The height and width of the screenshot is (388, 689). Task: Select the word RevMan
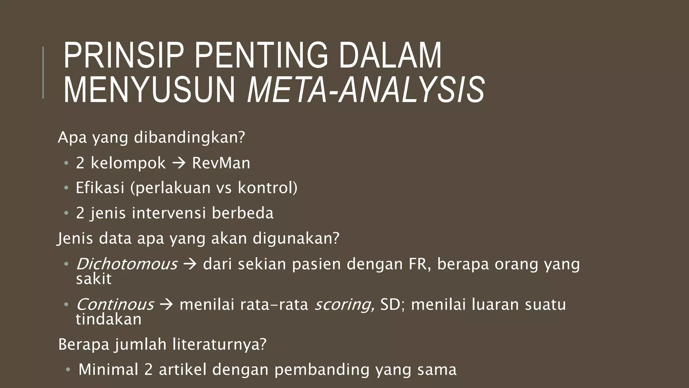221,163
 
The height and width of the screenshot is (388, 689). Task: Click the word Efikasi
100,188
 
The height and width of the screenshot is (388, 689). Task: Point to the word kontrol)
267,188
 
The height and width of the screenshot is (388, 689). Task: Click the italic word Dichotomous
126,264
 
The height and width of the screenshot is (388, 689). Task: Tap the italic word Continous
115,304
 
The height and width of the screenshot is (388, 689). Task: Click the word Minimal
108,369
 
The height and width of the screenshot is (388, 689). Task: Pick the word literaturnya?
219,345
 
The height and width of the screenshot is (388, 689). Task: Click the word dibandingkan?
189,138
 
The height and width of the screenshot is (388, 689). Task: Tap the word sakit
94,279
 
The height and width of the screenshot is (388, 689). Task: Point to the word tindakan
109,319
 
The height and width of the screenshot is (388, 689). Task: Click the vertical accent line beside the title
43,72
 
